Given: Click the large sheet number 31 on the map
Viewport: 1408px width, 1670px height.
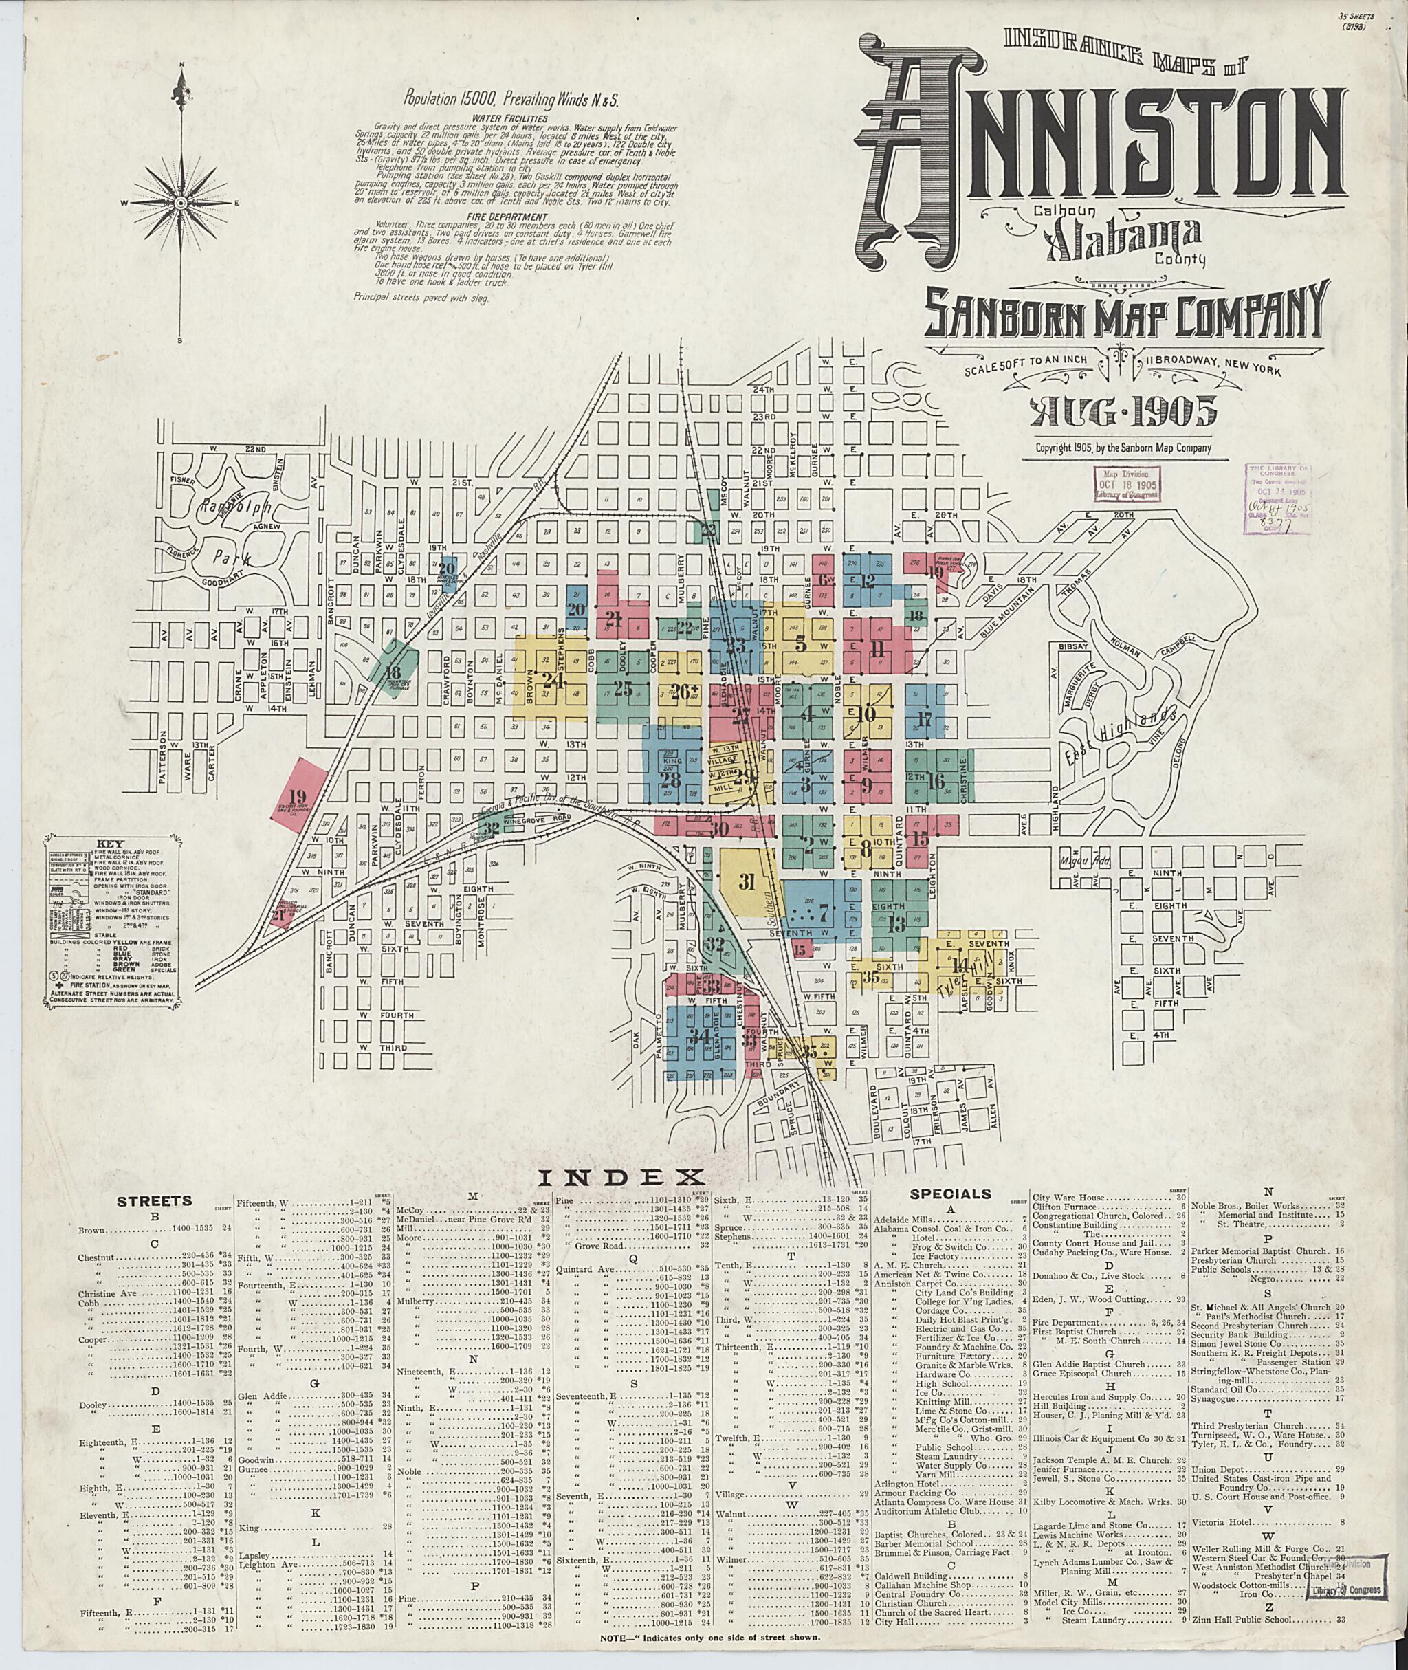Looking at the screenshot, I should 747,882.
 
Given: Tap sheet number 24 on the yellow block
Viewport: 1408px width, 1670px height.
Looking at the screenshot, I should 552,680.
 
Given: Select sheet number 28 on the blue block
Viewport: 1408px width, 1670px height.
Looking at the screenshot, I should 670,780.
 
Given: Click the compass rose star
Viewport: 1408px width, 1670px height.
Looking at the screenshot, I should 181,204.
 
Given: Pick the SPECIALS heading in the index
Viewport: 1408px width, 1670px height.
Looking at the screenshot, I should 950,1194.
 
